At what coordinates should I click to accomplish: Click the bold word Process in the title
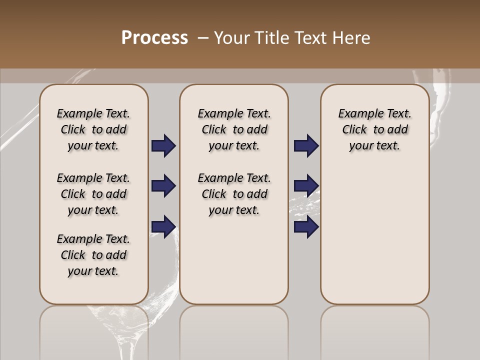pos(154,38)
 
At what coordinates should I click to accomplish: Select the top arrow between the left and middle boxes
pos(163,146)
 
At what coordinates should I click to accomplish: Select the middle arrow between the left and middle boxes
pos(163,186)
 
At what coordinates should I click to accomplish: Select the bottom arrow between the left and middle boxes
pos(163,227)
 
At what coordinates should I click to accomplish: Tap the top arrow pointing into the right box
pos(306,146)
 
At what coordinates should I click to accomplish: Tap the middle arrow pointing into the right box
pos(306,186)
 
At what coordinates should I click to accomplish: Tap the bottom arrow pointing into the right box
pos(306,227)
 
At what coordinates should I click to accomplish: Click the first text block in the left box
pos(93,129)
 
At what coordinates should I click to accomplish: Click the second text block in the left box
pos(93,194)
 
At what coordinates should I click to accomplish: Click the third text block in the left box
pos(93,255)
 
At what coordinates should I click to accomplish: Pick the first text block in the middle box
pos(234,129)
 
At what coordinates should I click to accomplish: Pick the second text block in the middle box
pos(234,194)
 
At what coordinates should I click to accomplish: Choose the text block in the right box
pos(374,129)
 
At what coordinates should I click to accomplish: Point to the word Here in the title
pos(352,38)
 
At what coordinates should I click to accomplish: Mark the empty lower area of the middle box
pos(234,260)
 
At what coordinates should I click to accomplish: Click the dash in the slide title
pos(203,38)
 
